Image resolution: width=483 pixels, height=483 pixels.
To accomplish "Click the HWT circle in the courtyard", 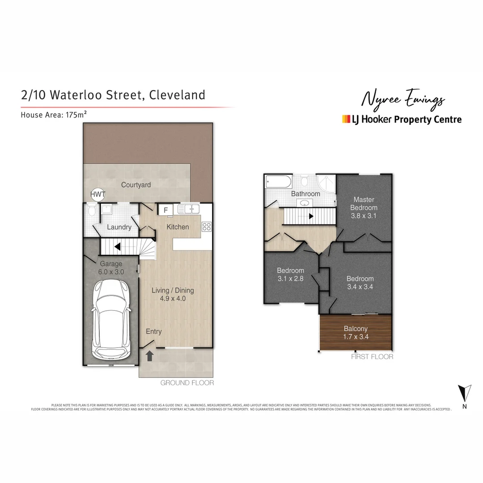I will click(97, 195).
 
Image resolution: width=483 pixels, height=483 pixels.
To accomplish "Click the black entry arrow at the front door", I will click(150, 356).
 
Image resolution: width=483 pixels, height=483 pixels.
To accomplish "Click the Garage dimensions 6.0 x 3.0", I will click(111, 271).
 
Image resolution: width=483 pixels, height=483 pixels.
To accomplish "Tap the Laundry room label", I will click(119, 227).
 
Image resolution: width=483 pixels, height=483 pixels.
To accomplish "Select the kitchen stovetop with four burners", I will click(207, 227).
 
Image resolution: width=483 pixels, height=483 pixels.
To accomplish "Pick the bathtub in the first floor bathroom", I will click(278, 182).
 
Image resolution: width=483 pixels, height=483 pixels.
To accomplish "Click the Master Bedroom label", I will click(364, 203).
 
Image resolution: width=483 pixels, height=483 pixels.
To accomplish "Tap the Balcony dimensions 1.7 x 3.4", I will click(356, 337).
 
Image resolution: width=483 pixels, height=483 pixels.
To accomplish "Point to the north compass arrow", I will click(465, 393).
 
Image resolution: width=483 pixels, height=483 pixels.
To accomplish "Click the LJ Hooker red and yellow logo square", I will click(346, 119).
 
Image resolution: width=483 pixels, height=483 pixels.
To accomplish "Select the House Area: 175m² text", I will click(54, 114).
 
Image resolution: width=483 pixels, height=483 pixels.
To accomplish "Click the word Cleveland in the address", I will click(177, 95).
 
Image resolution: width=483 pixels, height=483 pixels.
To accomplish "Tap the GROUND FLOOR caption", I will click(187, 383).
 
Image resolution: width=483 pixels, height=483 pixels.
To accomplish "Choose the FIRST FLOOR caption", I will click(372, 356).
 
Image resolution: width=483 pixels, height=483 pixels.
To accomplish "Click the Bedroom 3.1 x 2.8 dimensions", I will click(290, 278).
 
